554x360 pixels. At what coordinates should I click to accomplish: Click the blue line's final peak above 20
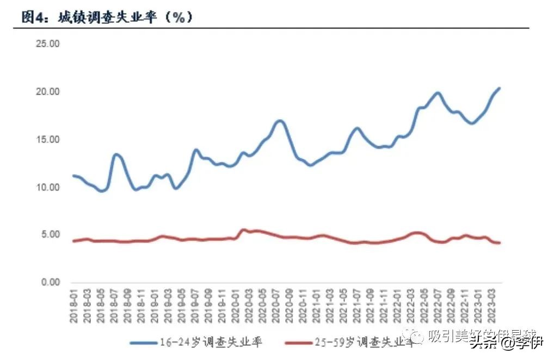[499, 88]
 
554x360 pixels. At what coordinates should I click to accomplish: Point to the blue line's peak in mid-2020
[279, 121]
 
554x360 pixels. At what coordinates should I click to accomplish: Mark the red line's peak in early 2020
[244, 230]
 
